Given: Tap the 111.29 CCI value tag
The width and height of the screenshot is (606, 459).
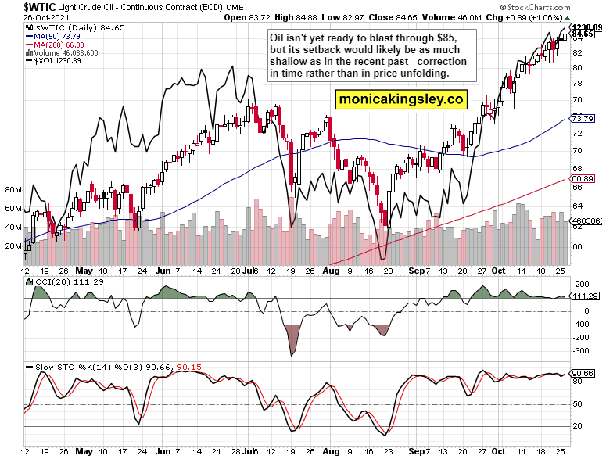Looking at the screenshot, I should click(x=585, y=296).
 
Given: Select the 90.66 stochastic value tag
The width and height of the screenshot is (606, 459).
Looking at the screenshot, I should click(x=583, y=374).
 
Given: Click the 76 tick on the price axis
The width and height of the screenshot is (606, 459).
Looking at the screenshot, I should click(x=577, y=100).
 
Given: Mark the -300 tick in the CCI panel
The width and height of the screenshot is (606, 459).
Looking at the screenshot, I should click(x=580, y=351).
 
